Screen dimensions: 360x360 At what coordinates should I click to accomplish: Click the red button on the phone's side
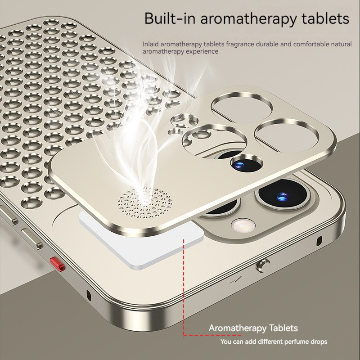pyautogui.click(x=58, y=264)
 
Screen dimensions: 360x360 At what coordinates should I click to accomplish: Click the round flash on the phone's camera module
pyautogui.click(x=243, y=225)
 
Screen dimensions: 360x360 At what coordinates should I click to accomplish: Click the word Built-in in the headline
pyautogui.click(x=170, y=18)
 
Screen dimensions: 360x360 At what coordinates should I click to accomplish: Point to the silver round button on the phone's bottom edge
pyautogui.click(x=262, y=265)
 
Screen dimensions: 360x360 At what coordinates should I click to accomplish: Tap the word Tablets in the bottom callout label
pyautogui.click(x=283, y=328)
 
